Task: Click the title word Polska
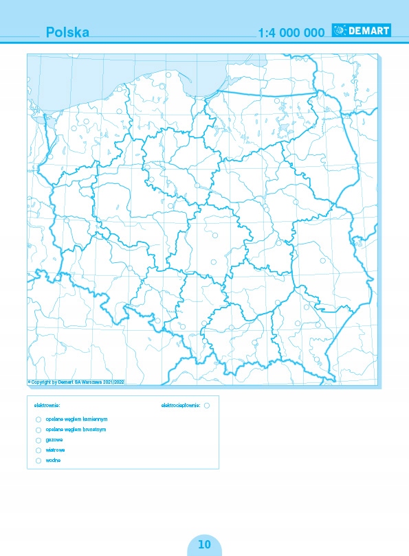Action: point(67,32)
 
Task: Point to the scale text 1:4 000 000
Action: point(290,32)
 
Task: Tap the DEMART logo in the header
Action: point(361,30)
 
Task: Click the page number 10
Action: point(204,544)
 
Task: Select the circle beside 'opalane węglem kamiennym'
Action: point(38,419)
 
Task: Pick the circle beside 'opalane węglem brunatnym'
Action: point(38,429)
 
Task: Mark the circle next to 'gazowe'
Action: point(38,439)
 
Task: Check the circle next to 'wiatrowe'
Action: point(38,450)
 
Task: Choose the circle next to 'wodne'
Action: point(38,460)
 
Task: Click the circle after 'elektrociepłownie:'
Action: point(206,406)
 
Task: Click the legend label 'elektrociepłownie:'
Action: point(180,406)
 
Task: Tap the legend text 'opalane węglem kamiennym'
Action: point(73,419)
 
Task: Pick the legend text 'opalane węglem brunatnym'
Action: point(72,429)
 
